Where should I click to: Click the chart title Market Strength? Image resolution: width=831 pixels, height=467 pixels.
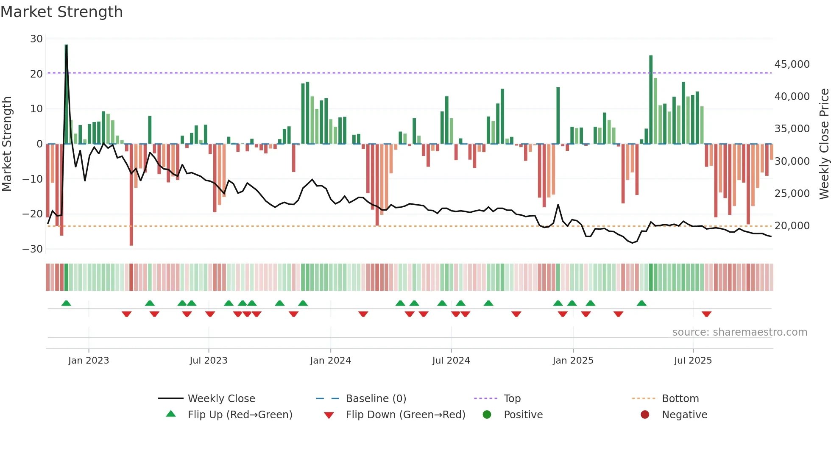[61, 12]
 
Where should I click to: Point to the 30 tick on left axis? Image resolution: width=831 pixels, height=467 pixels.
[36, 39]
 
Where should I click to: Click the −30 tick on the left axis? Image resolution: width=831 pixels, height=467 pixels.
[33, 249]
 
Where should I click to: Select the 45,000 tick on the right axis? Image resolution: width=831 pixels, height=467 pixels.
[792, 64]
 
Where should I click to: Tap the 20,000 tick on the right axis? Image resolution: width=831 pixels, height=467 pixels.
[792, 226]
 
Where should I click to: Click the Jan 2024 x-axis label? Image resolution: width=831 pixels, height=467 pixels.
[330, 361]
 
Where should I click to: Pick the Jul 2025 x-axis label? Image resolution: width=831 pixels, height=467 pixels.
[693, 361]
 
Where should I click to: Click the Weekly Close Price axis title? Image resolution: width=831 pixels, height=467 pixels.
[824, 144]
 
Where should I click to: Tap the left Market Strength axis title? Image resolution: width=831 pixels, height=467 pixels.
[7, 144]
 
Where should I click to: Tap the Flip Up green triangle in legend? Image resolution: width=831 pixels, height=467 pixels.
[171, 414]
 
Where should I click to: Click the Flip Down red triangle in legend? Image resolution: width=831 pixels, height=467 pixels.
[329, 415]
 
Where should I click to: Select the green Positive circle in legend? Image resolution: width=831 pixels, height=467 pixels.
[487, 415]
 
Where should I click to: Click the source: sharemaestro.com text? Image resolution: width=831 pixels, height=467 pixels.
[739, 332]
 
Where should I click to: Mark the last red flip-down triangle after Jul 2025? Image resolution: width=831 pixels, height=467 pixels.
[706, 314]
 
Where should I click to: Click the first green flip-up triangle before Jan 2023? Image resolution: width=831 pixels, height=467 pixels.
[66, 303]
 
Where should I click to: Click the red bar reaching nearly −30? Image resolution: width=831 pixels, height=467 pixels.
[131, 195]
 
